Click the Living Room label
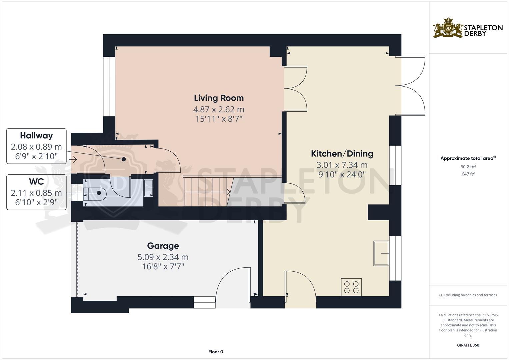tap(219, 98)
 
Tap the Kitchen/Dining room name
tap(342, 154)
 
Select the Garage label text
tap(163, 246)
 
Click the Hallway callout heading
tap(36, 136)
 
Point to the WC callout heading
tap(36, 182)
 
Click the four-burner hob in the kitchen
tap(351, 287)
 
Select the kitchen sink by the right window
tap(381, 253)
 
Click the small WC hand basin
tap(148, 188)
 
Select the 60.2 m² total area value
tap(468, 167)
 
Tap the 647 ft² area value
tap(468, 174)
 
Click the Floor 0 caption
tap(216, 352)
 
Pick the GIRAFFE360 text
tap(468, 345)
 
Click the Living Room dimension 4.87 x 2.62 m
tap(219, 109)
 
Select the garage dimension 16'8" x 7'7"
tap(163, 267)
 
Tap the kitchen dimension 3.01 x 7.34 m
tap(342, 165)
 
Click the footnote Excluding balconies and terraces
tap(468, 295)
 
